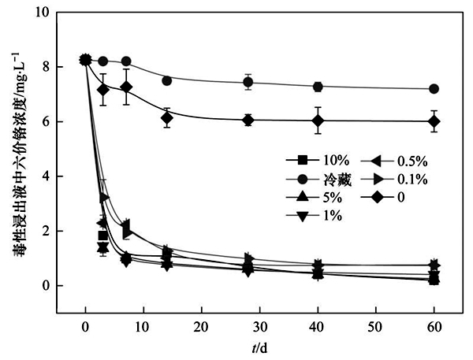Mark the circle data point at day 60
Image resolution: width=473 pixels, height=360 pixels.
pos(434,89)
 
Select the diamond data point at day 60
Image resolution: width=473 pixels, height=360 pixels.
pos(434,121)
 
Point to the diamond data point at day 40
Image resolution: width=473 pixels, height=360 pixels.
pos(318,121)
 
